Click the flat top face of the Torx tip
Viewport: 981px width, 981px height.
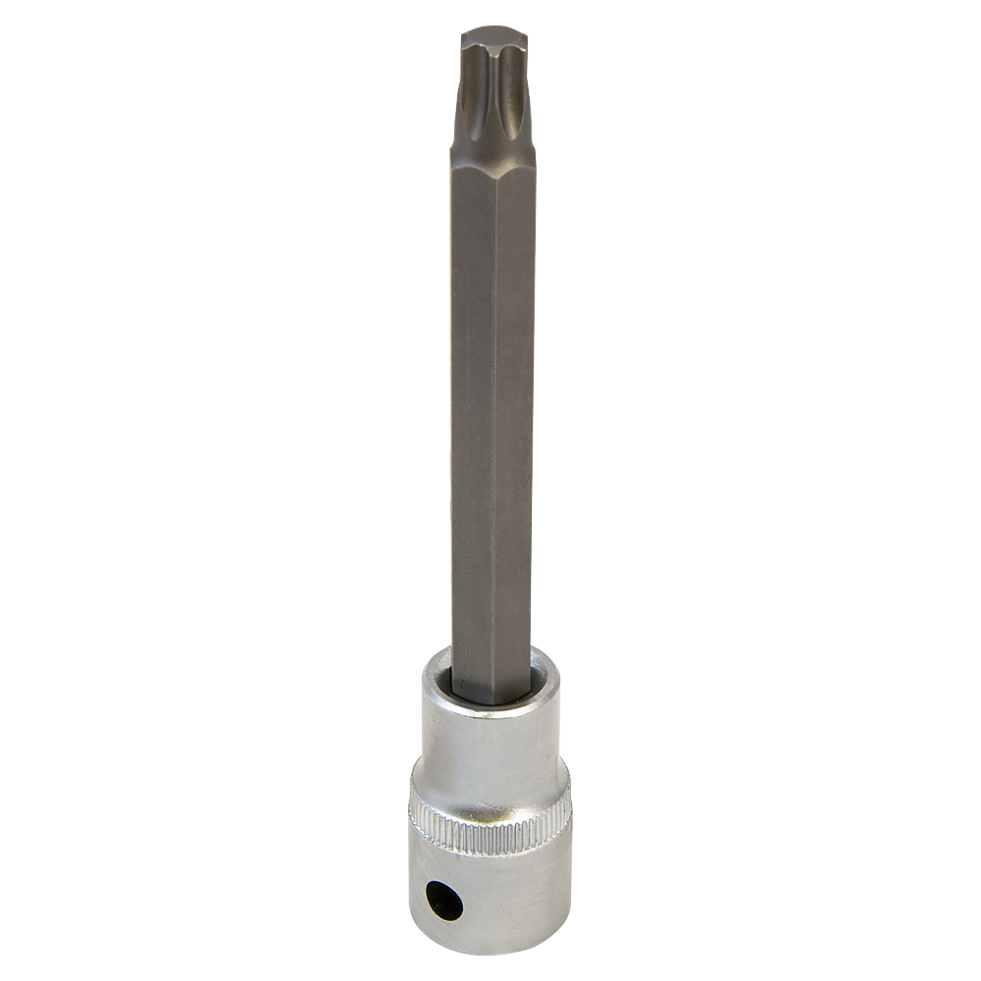[493, 39]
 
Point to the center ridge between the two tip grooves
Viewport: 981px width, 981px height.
[494, 98]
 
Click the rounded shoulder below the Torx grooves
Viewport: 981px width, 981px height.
[493, 157]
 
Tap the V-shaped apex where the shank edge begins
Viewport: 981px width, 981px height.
[493, 181]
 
